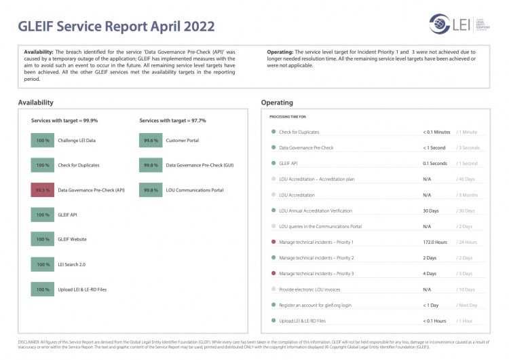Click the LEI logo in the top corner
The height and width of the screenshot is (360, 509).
(x=453, y=24)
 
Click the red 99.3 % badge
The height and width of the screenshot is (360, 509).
(x=43, y=190)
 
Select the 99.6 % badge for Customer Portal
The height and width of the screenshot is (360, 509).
(x=151, y=141)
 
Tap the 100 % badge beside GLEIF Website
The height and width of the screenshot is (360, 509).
(x=43, y=239)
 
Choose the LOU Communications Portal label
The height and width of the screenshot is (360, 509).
(x=195, y=190)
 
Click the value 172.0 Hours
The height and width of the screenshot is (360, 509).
(x=435, y=242)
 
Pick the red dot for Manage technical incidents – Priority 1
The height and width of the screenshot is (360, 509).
(x=273, y=242)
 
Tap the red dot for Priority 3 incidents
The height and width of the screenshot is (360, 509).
(x=273, y=273)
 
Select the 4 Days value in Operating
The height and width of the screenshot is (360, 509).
(x=430, y=273)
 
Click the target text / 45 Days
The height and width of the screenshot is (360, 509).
(x=468, y=179)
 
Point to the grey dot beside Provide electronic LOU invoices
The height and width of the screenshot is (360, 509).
(x=273, y=289)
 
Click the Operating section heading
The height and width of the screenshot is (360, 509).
(x=277, y=103)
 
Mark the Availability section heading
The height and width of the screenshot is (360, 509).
(x=36, y=103)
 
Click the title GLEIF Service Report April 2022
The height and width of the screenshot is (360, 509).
(x=116, y=26)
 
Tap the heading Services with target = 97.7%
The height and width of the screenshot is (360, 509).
(x=172, y=120)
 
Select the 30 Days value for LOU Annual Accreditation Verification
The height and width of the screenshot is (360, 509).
(x=431, y=211)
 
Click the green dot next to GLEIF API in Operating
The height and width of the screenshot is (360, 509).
(x=273, y=164)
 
